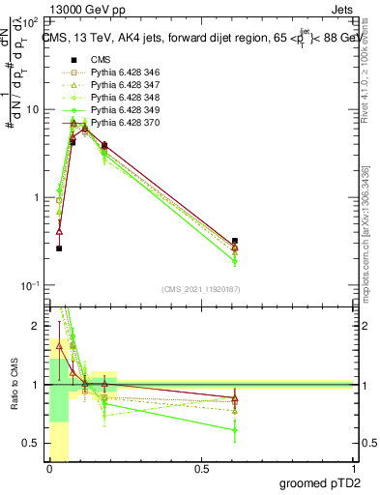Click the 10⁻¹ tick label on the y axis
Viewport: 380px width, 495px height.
(31, 286)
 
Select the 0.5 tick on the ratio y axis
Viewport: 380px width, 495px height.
(33, 443)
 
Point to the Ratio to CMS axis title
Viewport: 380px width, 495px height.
(13, 385)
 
